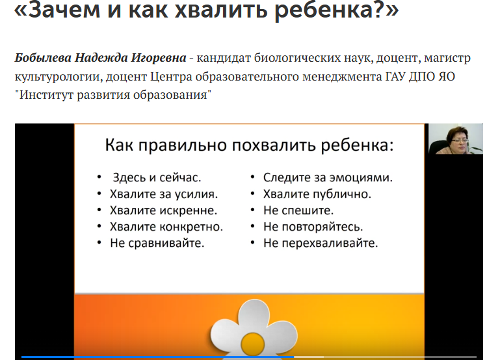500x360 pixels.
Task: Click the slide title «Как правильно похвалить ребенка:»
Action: tap(250, 146)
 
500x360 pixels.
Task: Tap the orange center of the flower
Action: tap(252, 344)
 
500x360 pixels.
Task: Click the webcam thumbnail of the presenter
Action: tap(456, 139)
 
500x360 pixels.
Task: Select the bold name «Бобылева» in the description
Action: tap(43, 58)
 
